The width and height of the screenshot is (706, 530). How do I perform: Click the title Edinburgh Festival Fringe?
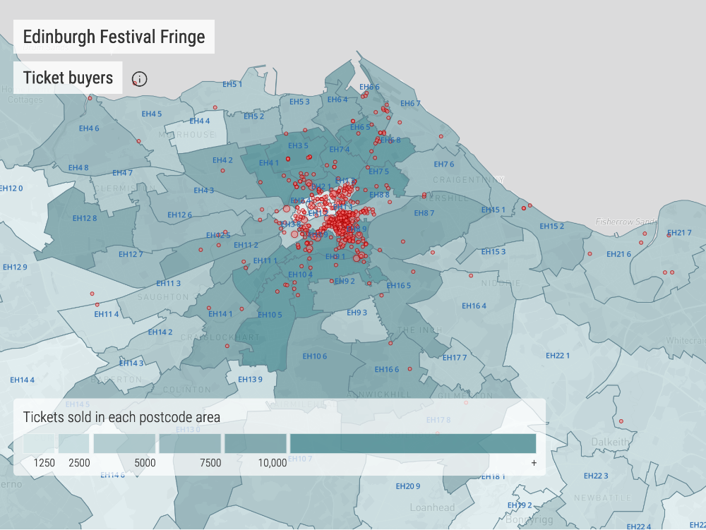[114, 37]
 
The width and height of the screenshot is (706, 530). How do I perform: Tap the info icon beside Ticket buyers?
[140, 78]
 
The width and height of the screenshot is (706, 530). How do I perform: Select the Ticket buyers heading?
[68, 78]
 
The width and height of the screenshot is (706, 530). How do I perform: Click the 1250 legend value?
[44, 463]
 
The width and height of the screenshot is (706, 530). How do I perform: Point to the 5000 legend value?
[145, 463]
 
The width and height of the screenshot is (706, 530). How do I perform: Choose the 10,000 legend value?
[273, 463]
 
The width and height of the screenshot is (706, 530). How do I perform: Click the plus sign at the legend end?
[534, 463]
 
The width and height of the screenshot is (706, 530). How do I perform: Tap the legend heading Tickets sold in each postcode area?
[121, 417]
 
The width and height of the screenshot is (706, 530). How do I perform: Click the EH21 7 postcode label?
[679, 233]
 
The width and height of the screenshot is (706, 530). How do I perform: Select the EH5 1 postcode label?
[232, 85]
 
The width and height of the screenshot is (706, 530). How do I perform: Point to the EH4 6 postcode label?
[89, 128]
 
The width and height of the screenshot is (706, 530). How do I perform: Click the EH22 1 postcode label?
[558, 356]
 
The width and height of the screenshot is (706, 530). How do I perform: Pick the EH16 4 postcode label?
[474, 306]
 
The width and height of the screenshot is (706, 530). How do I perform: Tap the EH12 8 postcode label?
[85, 218]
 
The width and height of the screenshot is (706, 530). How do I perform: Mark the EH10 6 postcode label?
[315, 356]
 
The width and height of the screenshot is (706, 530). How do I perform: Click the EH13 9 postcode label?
[250, 380]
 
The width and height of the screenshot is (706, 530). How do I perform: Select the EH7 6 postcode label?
[444, 164]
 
